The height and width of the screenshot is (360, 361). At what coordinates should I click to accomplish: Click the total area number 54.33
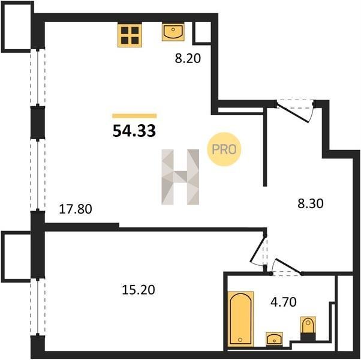134,131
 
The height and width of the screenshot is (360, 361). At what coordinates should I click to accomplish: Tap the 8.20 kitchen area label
188,59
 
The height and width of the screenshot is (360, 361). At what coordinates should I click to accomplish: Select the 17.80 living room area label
76,209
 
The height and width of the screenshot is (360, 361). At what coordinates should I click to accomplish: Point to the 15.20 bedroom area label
139,290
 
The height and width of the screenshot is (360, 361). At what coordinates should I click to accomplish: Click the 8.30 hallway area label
311,203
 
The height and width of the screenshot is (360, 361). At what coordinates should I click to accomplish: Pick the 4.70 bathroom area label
284,302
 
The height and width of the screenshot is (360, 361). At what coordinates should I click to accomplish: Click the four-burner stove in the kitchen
130,35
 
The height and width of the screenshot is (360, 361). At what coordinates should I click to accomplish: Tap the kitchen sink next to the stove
173,32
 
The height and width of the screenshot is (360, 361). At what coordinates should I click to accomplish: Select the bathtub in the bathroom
241,319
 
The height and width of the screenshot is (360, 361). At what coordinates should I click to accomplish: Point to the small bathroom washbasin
274,339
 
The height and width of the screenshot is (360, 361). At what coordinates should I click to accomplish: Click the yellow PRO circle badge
224,149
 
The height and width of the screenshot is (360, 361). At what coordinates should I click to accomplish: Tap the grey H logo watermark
180,177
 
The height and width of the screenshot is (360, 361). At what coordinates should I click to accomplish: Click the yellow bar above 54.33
134,116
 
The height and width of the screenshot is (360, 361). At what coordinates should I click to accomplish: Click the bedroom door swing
259,250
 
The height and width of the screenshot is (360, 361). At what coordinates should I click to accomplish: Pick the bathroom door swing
287,267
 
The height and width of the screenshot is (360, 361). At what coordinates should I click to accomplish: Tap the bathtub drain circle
240,340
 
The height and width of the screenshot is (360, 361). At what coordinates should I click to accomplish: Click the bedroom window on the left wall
38,307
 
